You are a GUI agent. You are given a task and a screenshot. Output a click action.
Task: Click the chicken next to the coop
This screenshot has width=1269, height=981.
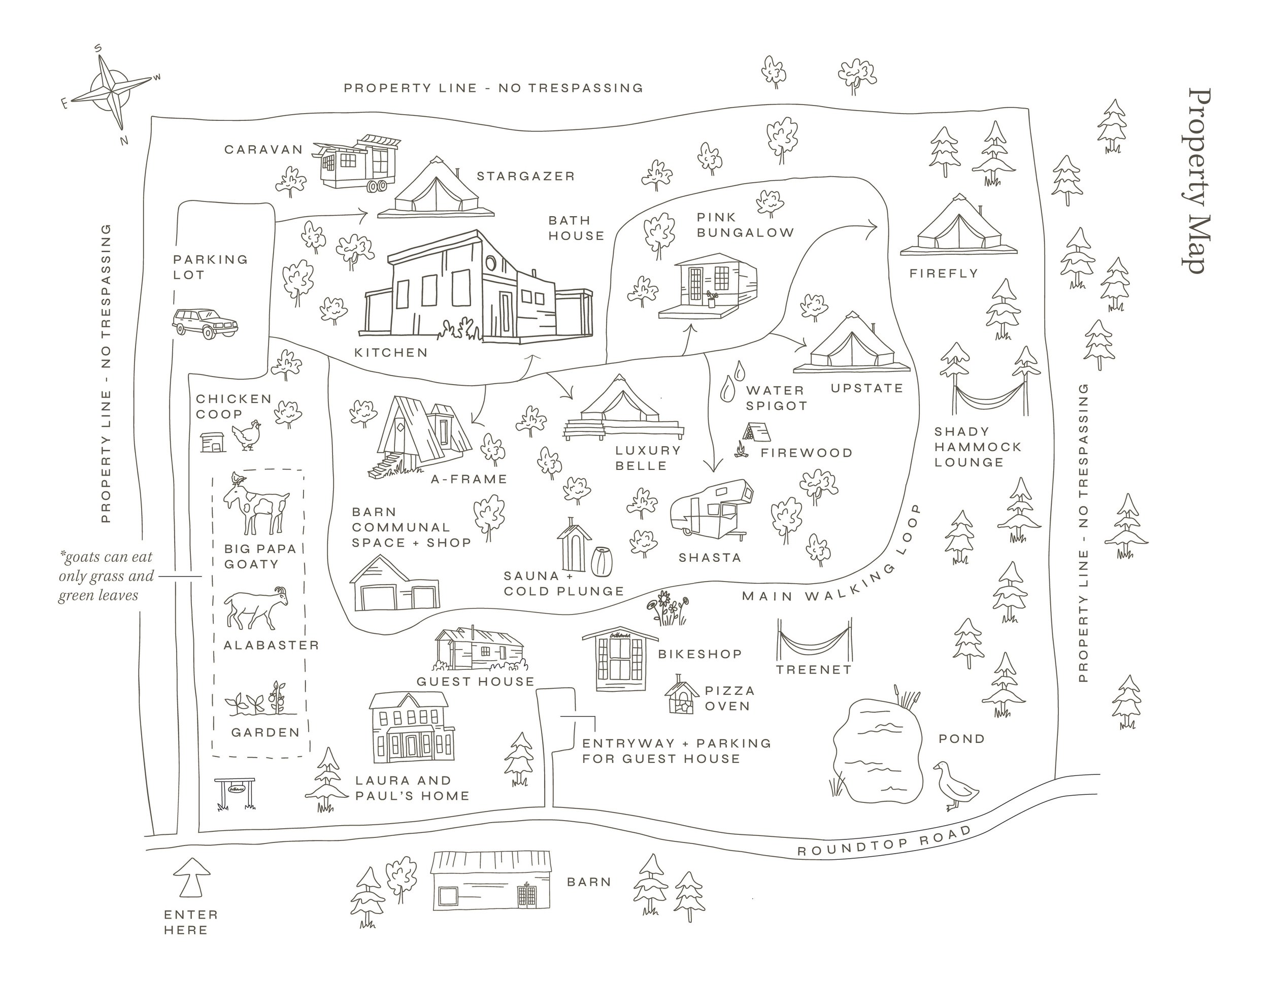246,434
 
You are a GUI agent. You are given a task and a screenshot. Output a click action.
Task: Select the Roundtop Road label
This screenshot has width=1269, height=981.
884,841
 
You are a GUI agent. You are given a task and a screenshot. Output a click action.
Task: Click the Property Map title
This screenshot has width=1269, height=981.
1195,180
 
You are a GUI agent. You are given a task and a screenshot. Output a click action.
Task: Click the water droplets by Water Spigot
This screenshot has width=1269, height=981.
731,381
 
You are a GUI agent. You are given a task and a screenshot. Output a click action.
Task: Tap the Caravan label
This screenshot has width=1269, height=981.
264,150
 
